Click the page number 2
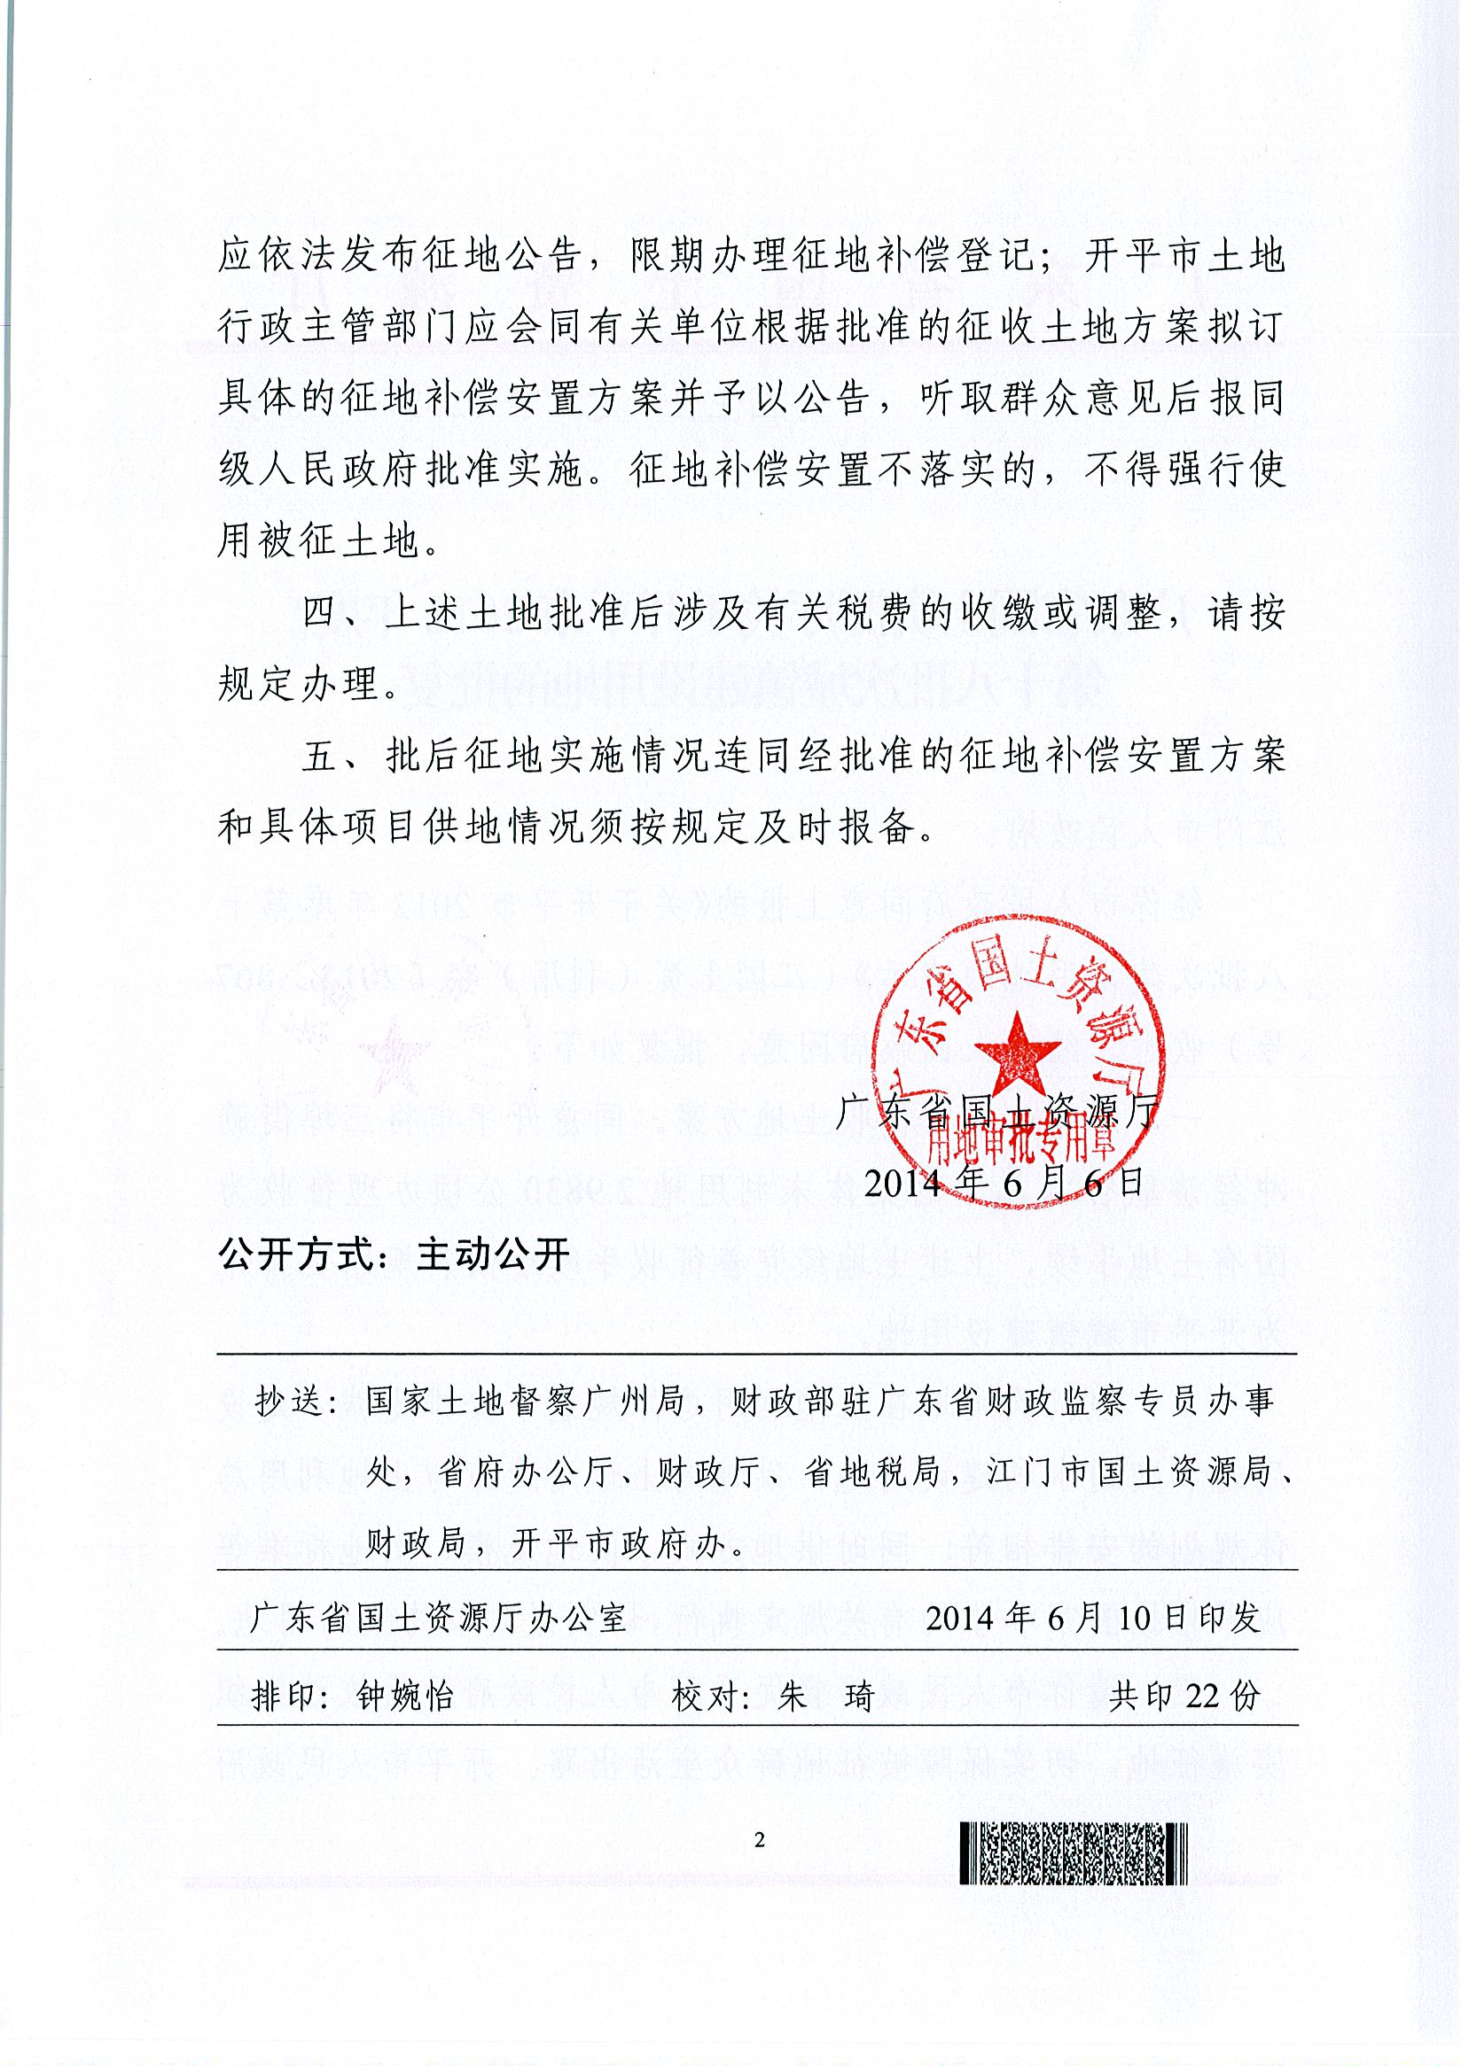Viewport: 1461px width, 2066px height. (x=759, y=1840)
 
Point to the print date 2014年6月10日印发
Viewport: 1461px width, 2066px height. (x=1093, y=1619)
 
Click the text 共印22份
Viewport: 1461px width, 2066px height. (x=1184, y=1697)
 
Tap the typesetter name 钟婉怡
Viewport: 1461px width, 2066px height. (x=406, y=1698)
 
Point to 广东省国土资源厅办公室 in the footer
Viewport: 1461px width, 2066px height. (x=439, y=1619)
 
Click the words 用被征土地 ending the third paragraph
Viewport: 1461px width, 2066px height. (x=318, y=541)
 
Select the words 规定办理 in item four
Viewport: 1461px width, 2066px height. (x=298, y=686)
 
